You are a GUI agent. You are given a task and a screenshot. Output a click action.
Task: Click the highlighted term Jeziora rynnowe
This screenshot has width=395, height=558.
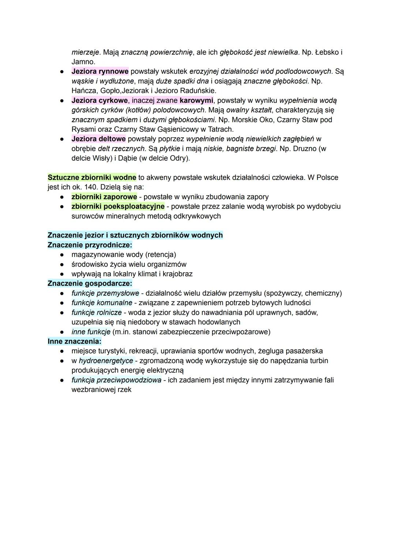click(100, 71)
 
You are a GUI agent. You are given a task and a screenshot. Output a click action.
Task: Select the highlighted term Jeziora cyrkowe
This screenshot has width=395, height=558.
click(99, 100)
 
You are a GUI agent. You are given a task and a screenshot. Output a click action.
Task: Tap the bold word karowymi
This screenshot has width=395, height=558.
click(196, 100)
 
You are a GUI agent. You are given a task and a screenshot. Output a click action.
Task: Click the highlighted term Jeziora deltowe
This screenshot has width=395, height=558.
click(98, 139)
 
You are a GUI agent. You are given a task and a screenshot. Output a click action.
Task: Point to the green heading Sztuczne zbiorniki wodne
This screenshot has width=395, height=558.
click(92, 177)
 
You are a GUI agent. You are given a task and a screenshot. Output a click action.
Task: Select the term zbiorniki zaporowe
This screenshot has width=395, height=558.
click(104, 197)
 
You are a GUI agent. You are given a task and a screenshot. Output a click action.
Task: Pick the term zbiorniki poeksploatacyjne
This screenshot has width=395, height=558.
click(118, 206)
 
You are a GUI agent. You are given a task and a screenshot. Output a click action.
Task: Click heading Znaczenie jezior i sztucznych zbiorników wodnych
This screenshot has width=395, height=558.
click(135, 235)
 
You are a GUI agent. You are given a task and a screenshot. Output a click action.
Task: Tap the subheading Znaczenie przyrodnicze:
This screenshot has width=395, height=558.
click(90, 245)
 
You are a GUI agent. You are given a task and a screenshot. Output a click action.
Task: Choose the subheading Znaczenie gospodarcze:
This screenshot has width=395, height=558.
click(90, 283)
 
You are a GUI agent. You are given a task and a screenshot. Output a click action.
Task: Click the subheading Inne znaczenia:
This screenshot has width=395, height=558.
click(74, 341)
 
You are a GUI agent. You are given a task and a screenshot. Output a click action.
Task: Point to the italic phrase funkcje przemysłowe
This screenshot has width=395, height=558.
click(105, 293)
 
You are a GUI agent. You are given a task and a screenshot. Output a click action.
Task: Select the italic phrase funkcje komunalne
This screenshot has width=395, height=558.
click(102, 303)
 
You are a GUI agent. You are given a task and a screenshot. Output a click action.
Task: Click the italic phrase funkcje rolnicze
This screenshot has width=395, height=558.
click(97, 312)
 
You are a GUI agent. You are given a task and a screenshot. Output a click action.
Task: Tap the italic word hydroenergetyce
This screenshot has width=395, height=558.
click(106, 361)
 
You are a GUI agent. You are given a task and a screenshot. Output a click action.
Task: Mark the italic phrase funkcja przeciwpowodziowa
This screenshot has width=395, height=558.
click(116, 380)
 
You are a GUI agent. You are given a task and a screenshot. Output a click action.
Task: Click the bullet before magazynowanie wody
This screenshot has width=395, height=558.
click(63, 255)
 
